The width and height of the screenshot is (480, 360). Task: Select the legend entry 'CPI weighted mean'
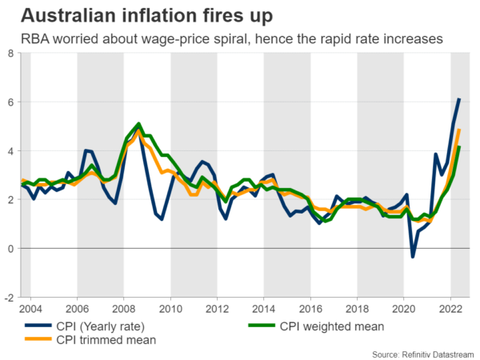[331, 326]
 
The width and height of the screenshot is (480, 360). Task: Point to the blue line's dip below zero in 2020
[413, 256]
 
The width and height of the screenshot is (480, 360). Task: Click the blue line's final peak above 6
[459, 99]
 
